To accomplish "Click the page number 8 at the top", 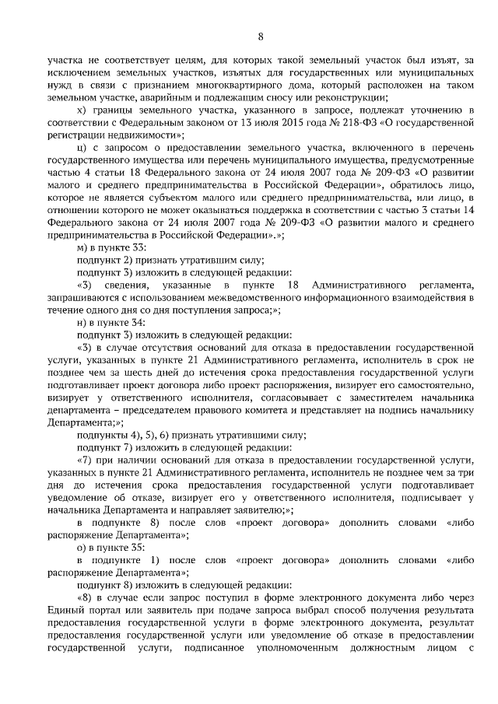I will coord(260,35).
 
